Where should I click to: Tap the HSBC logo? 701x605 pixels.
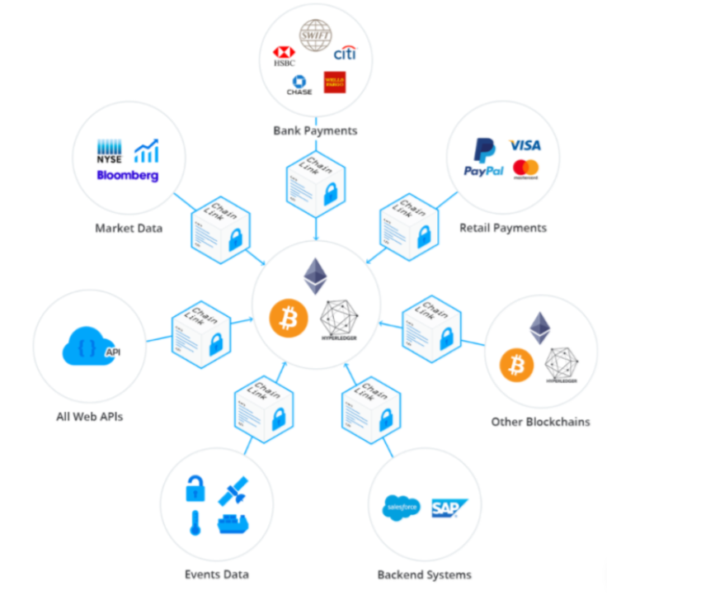tap(284, 56)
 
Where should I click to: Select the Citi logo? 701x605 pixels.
tap(345, 54)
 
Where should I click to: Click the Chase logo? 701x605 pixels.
tap(299, 84)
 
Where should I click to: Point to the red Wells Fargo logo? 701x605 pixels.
tap(334, 82)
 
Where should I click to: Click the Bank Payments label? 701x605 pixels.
tap(315, 130)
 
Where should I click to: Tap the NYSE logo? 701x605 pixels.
tap(110, 154)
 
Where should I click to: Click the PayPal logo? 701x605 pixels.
tap(483, 157)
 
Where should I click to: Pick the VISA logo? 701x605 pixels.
tap(525, 145)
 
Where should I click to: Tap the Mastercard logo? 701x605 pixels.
tap(525, 169)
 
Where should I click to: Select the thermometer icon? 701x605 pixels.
tap(195, 522)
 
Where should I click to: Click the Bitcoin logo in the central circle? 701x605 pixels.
tap(289, 318)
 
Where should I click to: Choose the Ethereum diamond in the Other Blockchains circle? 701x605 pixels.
tap(539, 328)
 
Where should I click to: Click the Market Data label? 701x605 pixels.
tap(129, 228)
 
